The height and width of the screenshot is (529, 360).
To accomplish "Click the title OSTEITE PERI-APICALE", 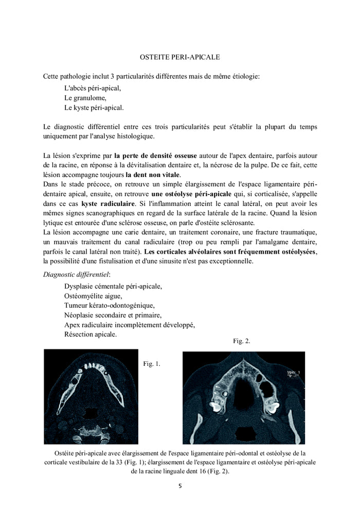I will tap(180, 56).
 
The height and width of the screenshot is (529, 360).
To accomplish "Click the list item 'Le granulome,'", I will tap(85, 98).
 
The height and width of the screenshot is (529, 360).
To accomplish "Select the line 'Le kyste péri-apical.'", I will tap(94, 108).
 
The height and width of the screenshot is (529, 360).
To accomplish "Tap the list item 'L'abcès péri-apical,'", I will tap(93, 87).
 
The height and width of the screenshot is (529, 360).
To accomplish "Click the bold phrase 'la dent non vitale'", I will tap(153, 174).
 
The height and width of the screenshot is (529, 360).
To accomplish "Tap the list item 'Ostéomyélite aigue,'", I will tap(93, 296).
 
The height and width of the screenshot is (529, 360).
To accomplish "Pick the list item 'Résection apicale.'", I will tap(91, 334).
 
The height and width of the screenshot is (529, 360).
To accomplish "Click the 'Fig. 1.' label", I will tap(151, 364).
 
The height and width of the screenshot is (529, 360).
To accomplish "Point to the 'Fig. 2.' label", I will tap(241, 341).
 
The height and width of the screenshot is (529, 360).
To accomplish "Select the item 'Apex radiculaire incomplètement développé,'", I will tap(130, 325).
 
